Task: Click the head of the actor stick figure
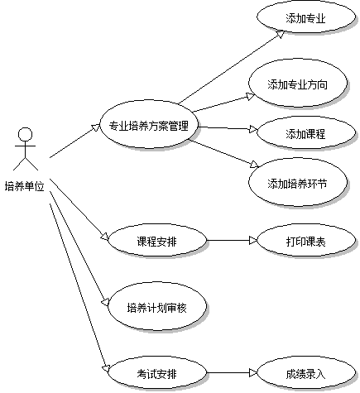point(25,135)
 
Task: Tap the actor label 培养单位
point(25,186)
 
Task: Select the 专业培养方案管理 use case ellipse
point(149,124)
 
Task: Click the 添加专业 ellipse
point(306,17)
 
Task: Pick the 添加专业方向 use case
point(298,83)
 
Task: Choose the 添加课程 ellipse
point(306,132)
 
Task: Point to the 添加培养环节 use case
point(298,182)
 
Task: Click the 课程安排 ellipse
point(157,240)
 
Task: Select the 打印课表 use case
point(306,240)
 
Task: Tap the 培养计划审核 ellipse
point(157,306)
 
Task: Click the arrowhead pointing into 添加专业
point(280,34)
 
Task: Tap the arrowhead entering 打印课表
point(253,240)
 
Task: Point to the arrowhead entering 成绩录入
point(253,372)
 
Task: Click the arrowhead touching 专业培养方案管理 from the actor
point(96,127)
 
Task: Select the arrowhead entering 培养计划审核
point(106,302)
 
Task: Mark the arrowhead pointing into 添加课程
point(253,129)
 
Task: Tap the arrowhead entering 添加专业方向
point(251,96)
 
